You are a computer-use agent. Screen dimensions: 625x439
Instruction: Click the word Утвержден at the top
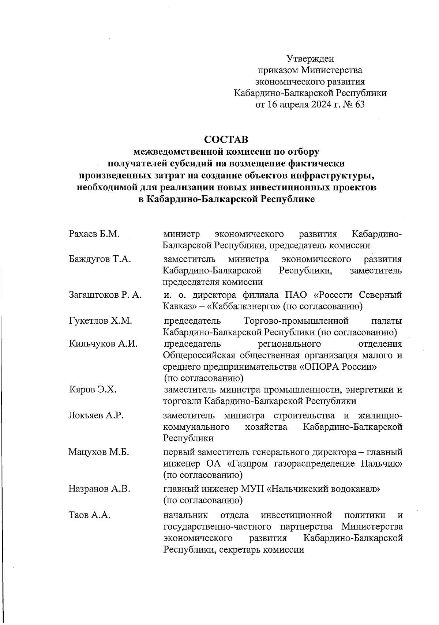tap(310, 59)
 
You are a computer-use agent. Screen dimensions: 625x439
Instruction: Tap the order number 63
tap(359, 105)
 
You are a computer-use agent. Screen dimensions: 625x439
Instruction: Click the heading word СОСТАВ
tap(226, 140)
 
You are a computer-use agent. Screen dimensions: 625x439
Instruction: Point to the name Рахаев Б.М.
tap(94, 234)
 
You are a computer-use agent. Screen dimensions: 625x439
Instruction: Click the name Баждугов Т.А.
tap(100, 259)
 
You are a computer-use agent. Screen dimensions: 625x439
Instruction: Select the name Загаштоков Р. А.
tap(105, 295)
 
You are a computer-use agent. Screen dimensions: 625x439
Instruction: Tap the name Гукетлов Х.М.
tap(100, 321)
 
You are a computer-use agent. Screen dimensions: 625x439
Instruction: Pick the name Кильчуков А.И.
tap(103, 344)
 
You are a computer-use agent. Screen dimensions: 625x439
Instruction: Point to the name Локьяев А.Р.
tap(96, 416)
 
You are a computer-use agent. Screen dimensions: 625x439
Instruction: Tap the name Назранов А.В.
tap(99, 488)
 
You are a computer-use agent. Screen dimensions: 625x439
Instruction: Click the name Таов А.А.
tap(90, 515)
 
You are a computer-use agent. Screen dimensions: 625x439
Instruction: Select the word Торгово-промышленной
tap(296, 321)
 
